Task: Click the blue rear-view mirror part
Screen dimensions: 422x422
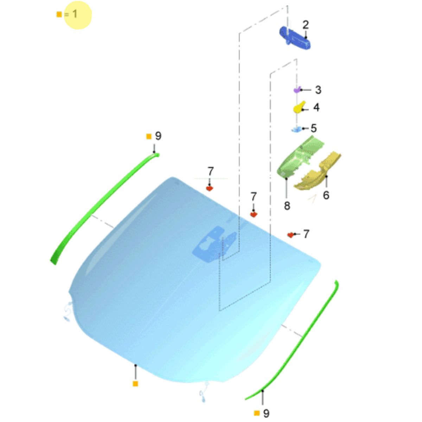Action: (295, 38)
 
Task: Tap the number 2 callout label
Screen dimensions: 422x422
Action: (306, 25)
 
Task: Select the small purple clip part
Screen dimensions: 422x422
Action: (297, 90)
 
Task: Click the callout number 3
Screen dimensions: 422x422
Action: (318, 90)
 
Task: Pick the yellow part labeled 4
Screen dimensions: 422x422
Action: (299, 107)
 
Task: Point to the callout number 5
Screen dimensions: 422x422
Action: (314, 128)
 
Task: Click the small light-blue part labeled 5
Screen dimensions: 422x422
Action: (296, 129)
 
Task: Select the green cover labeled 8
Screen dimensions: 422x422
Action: (300, 157)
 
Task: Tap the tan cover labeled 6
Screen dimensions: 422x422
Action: (317, 172)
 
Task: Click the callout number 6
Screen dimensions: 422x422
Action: (326, 195)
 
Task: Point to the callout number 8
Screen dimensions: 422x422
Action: (287, 206)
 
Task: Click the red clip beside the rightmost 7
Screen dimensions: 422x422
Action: (290, 235)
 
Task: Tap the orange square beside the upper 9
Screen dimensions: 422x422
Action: (149, 136)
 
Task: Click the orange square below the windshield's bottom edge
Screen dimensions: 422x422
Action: (135, 384)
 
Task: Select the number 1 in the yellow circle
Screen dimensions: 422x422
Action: (75, 14)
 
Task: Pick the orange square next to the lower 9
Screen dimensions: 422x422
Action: (257, 413)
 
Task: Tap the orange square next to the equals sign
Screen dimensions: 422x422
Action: (59, 14)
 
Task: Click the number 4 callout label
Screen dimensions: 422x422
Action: (316, 107)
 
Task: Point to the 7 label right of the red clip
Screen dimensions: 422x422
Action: (306, 234)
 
